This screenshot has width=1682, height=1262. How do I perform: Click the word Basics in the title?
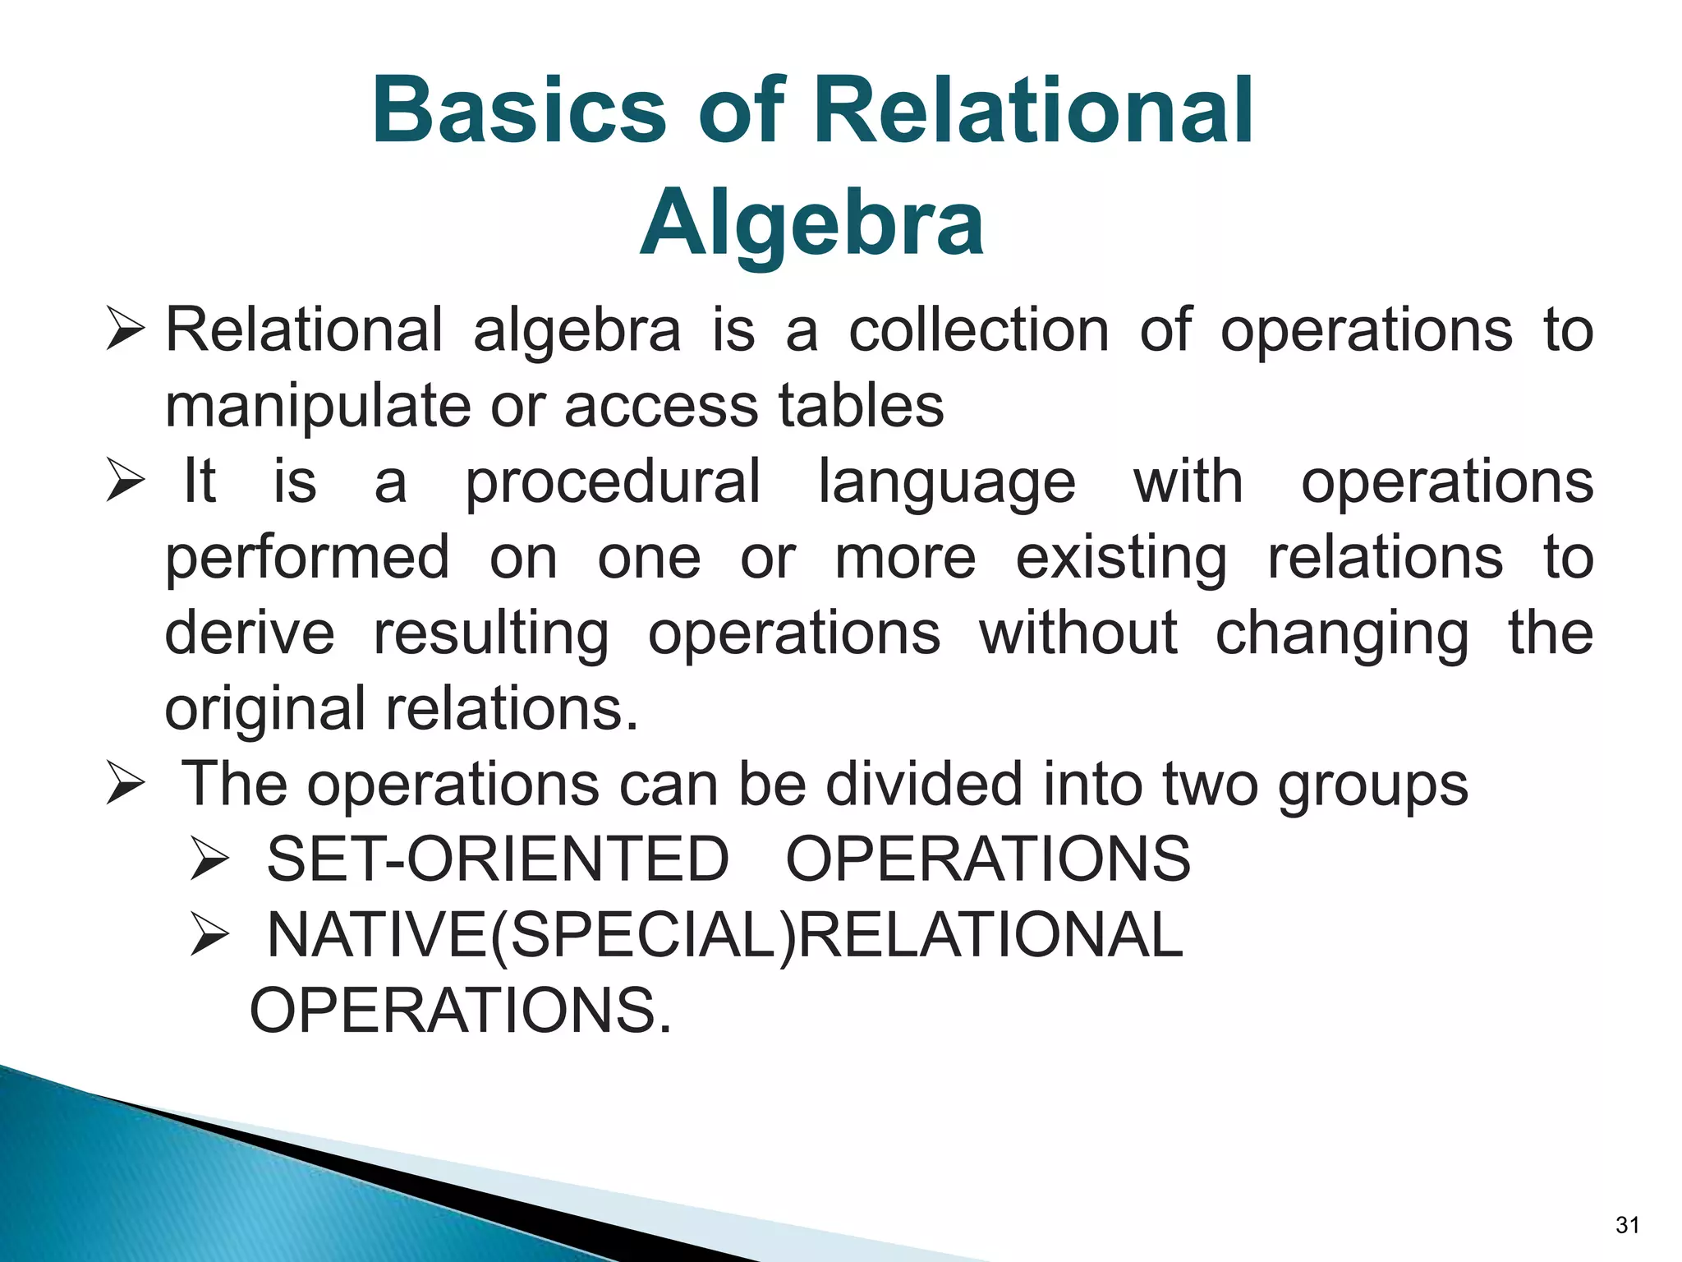[x=518, y=110]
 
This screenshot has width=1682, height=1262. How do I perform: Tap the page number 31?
[x=1627, y=1225]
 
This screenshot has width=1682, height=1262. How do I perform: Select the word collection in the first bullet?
[x=979, y=330]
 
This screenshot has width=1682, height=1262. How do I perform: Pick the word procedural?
[x=613, y=482]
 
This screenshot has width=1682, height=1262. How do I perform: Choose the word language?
[x=946, y=482]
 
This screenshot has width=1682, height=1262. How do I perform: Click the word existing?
[x=1121, y=559]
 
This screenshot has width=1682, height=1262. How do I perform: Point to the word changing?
[x=1342, y=635]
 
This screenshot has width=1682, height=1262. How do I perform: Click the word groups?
[x=1372, y=786]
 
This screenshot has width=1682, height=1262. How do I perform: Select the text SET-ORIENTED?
[x=498, y=859]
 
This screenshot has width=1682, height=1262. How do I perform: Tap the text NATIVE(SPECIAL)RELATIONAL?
[x=725, y=936]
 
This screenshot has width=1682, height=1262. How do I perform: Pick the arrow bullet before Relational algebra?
[x=126, y=330]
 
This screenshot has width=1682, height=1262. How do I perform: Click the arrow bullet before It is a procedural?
[x=126, y=482]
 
